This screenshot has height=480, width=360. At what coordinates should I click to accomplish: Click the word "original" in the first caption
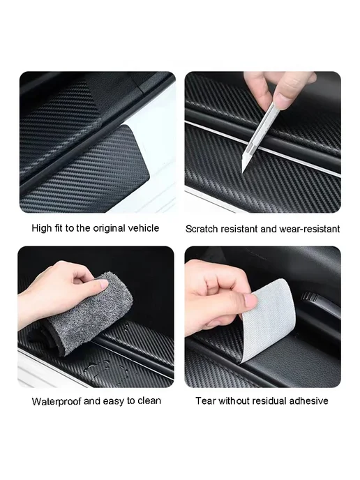[x=110, y=228]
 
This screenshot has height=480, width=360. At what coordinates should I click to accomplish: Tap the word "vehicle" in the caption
[x=144, y=228]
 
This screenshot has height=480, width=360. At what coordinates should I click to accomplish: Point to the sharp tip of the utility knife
[x=243, y=172]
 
